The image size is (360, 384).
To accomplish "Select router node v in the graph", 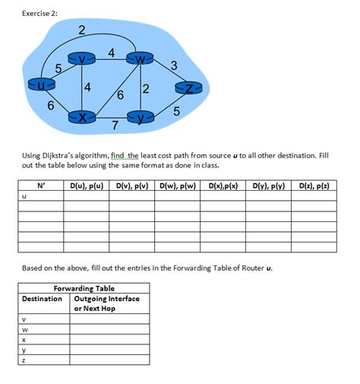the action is [82, 58].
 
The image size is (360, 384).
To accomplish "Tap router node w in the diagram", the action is [141, 59].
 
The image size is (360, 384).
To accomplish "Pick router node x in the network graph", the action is [81, 117].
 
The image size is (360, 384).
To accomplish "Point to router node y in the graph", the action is [141, 118].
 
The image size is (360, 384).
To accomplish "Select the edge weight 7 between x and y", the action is [114, 125].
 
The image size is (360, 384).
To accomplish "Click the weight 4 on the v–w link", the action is [112, 52].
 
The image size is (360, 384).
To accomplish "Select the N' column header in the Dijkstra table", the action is [40, 186].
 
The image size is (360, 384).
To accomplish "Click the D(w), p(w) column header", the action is [177, 186].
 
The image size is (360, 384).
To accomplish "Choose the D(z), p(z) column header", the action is [314, 186].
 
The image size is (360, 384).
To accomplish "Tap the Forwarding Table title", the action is [84, 288].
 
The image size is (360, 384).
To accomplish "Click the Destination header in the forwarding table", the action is [43, 299].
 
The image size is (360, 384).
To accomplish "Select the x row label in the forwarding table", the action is [25, 341].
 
